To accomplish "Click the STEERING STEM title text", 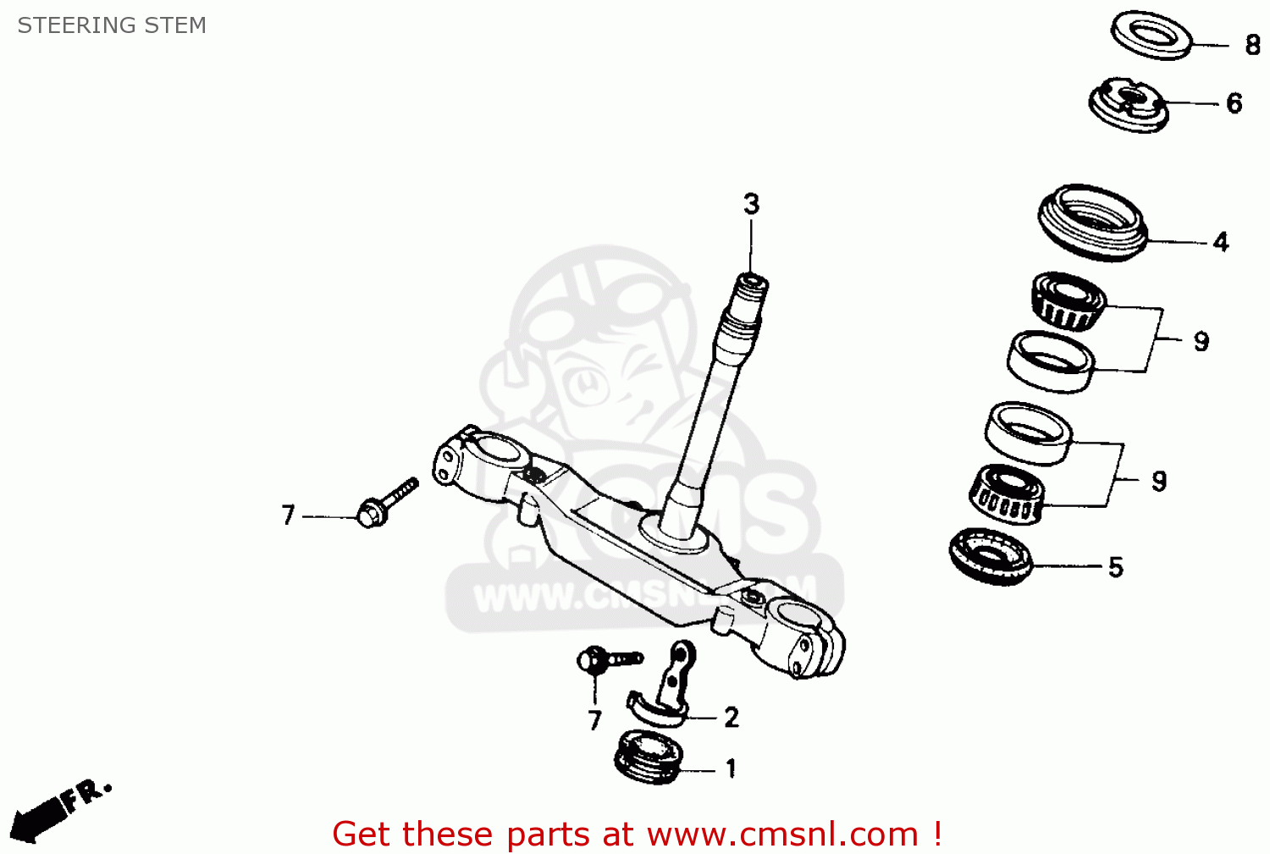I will (112, 25).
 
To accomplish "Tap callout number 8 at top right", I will (1253, 45).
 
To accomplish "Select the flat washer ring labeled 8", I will (1151, 36).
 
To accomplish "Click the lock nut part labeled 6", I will (1129, 103).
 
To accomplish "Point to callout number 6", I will (1234, 103).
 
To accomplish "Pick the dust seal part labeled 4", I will (1093, 222).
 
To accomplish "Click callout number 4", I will (1220, 242).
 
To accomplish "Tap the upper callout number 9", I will (1201, 341).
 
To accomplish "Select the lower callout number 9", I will (1159, 481).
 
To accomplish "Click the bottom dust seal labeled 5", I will (991, 556).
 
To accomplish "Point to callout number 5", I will (1116, 567).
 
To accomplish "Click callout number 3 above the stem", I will (751, 204).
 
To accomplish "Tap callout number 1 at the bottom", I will (730, 769).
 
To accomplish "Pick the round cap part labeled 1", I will (649, 752).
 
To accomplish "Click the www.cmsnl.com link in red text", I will (782, 835).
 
